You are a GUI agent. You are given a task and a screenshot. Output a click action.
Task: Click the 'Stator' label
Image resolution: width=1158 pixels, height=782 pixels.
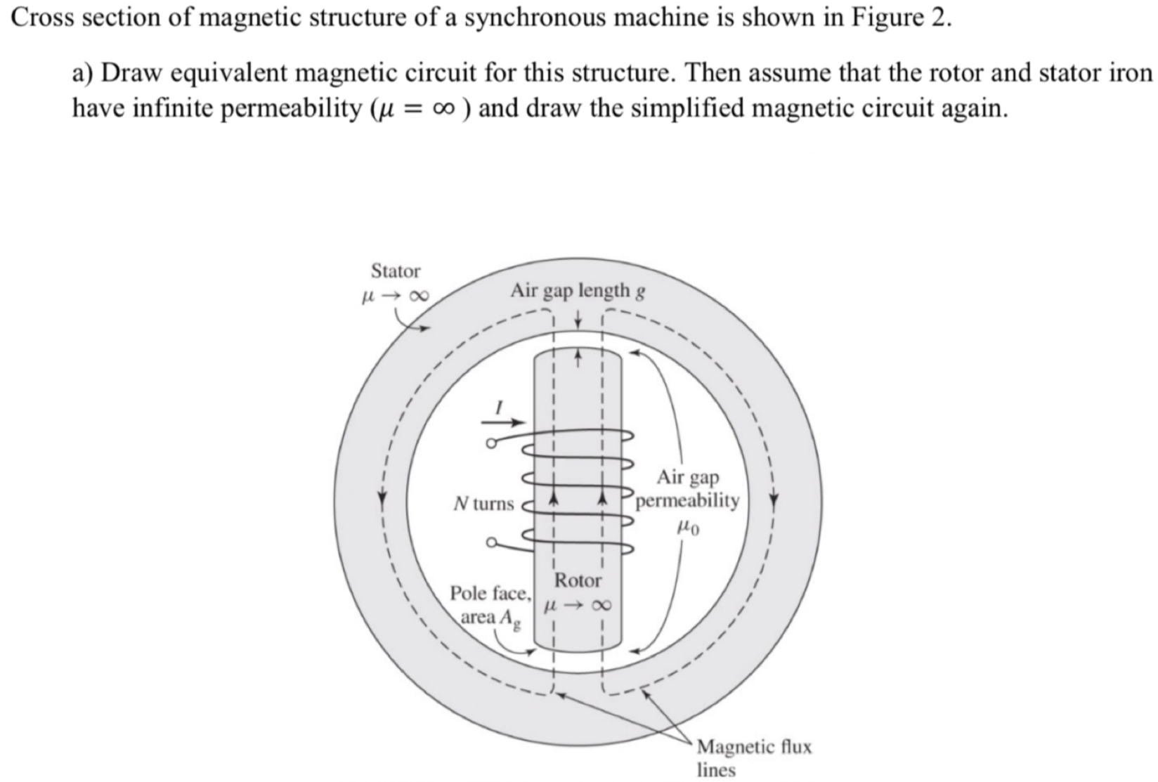click(396, 271)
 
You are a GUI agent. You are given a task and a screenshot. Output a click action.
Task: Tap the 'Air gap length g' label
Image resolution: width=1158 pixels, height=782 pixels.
click(578, 291)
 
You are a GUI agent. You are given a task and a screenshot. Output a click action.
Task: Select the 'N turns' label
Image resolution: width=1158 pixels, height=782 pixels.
click(483, 504)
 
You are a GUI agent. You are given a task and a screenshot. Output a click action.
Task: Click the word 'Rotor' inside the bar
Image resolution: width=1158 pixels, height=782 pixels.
click(578, 581)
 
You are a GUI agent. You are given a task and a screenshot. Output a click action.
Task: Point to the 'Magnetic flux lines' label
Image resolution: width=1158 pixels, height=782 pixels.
click(753, 757)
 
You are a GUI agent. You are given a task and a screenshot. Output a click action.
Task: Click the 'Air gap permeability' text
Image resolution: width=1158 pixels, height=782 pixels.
click(687, 489)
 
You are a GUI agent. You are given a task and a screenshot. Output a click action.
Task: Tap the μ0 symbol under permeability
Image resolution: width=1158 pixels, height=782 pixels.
click(688, 526)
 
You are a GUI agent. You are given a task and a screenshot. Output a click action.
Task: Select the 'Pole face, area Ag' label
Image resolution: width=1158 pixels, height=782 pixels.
click(490, 605)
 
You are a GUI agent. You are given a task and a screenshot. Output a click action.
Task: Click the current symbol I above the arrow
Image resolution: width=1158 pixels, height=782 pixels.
click(500, 407)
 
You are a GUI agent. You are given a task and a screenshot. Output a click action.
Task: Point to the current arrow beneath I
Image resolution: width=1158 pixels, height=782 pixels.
click(503, 423)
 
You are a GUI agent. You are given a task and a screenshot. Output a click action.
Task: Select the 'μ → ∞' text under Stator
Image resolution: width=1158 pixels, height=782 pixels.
click(394, 296)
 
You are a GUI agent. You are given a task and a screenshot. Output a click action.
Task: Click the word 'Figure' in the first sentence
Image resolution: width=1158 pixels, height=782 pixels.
click(887, 18)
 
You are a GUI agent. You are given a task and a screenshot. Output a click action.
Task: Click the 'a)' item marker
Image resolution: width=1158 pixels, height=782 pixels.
click(85, 73)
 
